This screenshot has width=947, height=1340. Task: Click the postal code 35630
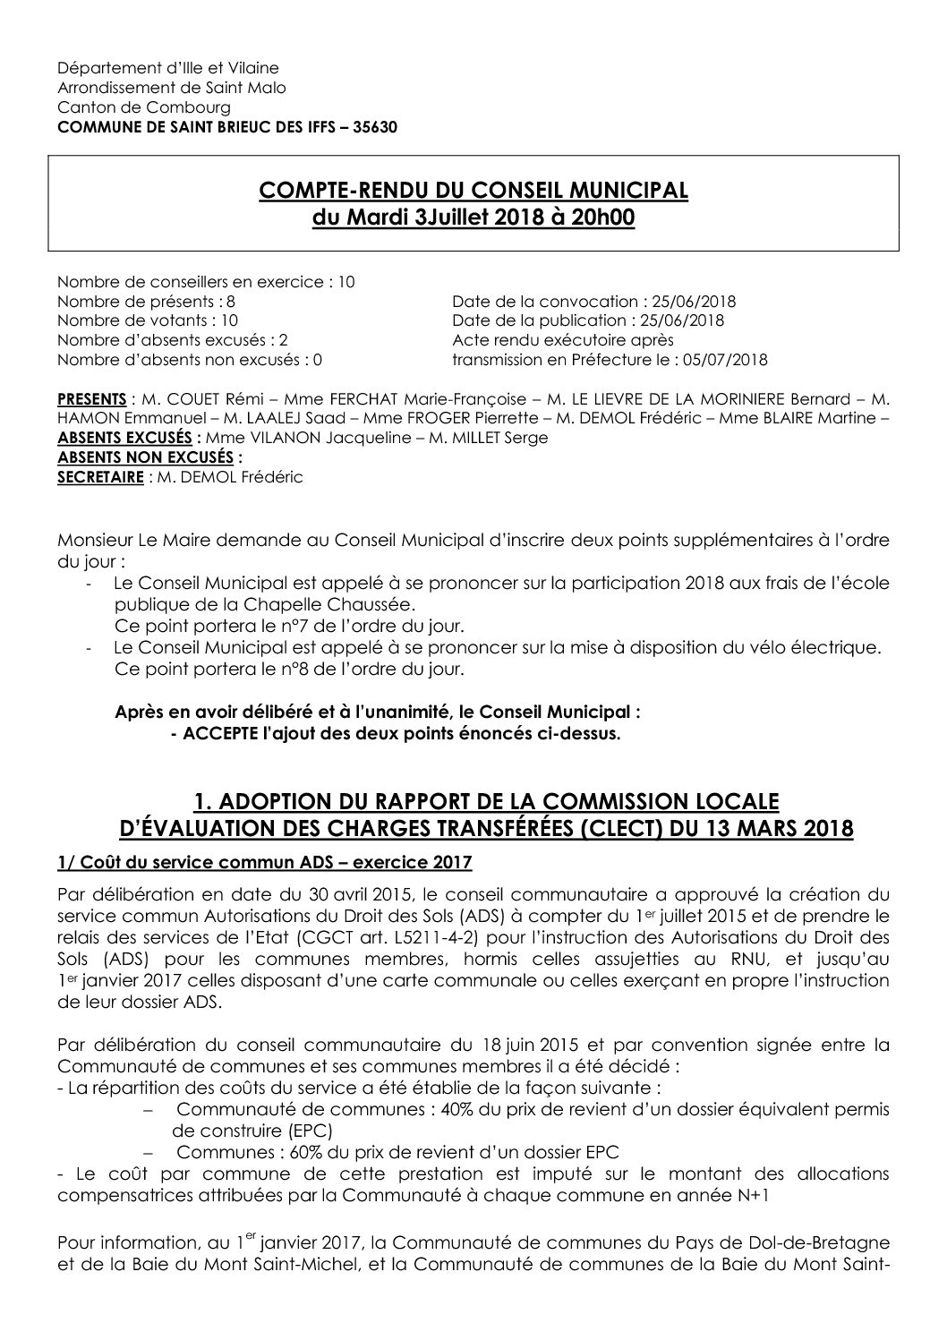pos(375,126)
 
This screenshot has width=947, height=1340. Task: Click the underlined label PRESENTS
pos(91,398)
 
